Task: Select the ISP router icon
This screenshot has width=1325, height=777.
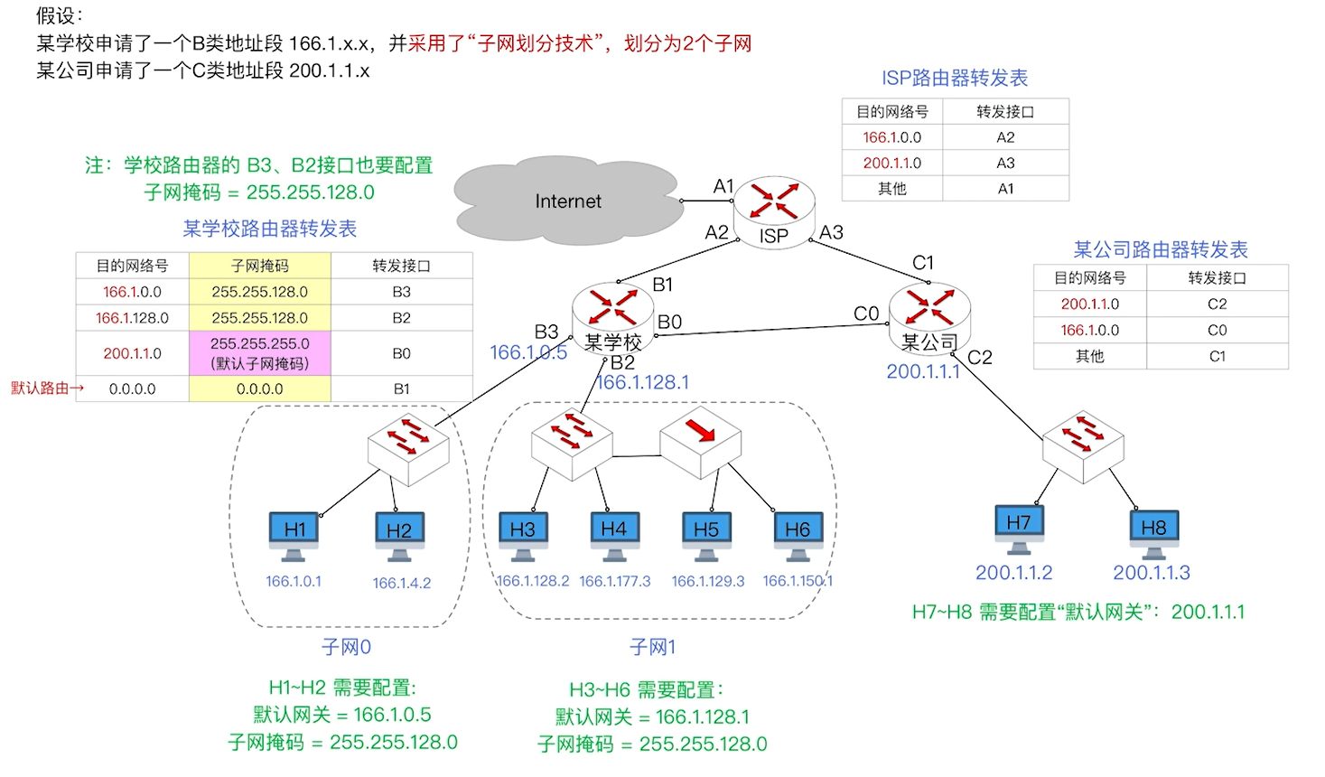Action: click(774, 207)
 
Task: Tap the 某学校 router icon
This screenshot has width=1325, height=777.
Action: click(613, 311)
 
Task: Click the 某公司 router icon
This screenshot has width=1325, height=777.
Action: click(929, 313)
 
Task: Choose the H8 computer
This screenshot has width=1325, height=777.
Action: click(1153, 533)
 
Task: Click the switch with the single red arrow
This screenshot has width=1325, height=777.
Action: click(700, 442)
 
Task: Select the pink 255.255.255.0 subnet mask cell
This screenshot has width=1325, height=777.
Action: click(260, 353)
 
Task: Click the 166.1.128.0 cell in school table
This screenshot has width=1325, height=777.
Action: click(132, 318)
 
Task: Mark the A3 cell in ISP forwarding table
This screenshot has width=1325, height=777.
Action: click(1005, 164)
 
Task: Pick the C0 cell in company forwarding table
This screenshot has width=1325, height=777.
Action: click(1217, 331)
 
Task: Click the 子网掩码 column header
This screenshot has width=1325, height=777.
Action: click(260, 266)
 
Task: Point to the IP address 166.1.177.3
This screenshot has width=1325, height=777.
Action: click(614, 581)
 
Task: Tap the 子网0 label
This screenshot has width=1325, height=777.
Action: click(346, 647)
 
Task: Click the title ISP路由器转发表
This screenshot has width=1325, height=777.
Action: click(955, 79)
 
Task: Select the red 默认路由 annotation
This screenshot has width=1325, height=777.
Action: click(47, 388)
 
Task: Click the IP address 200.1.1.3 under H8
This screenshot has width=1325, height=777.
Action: click(1152, 573)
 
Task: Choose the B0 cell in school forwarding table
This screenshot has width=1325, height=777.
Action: click(401, 353)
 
